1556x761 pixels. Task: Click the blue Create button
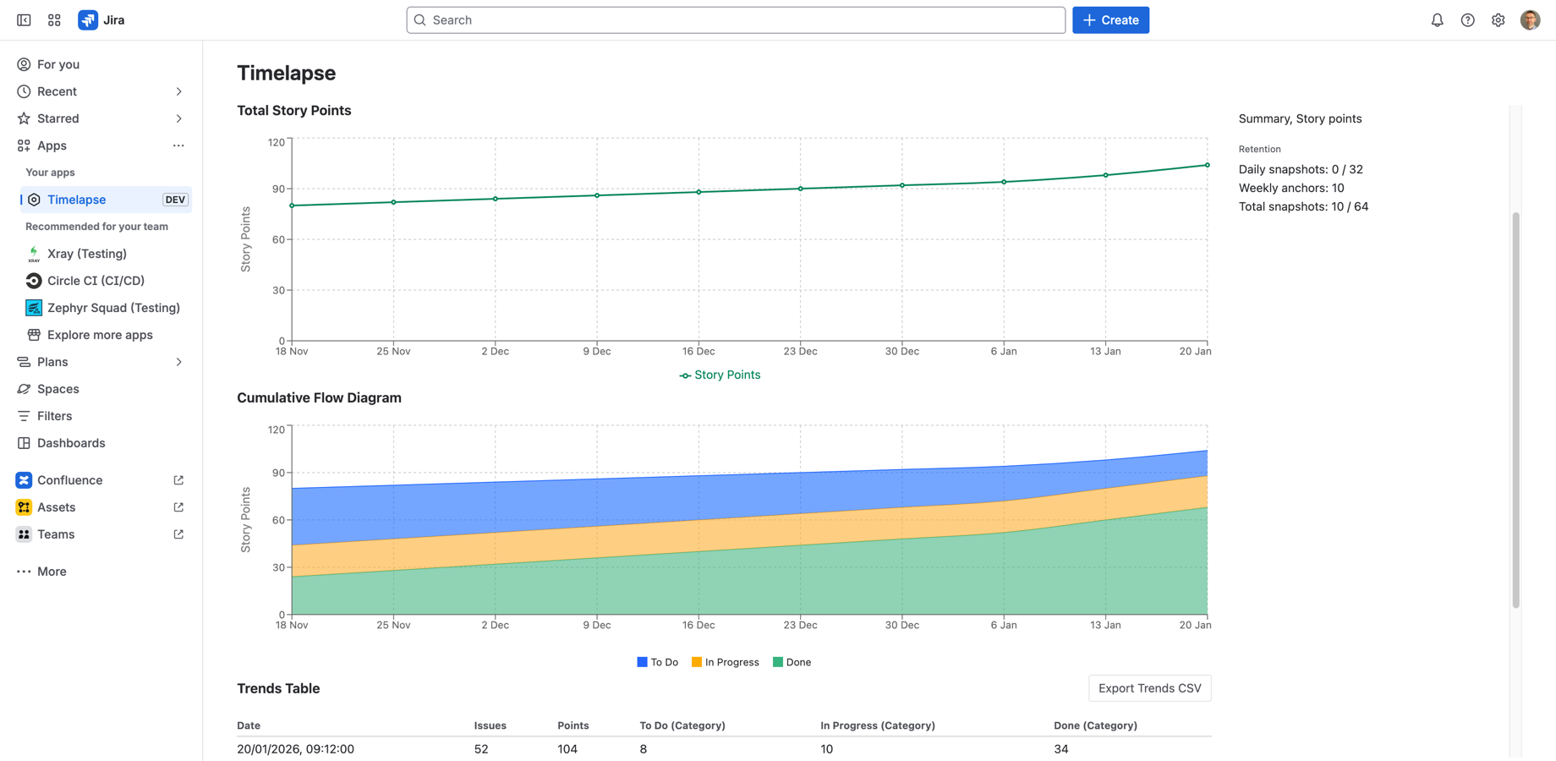coord(1110,20)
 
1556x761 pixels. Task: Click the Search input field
coord(736,20)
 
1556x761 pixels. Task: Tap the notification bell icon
coord(1437,20)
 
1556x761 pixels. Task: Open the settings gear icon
coord(1498,20)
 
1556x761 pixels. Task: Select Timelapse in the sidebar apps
coord(77,200)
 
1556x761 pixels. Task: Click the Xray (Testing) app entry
coord(87,254)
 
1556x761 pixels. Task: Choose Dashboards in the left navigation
coord(71,443)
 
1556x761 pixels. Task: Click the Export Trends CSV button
coord(1149,688)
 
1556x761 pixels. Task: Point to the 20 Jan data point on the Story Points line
coord(1207,165)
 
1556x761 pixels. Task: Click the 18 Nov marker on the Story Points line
coord(292,205)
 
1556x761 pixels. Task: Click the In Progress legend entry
coord(726,662)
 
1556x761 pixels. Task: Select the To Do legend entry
coord(658,662)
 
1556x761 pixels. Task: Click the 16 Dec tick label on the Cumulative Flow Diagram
coord(699,625)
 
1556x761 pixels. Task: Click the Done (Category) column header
coord(1095,725)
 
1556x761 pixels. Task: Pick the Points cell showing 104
coord(567,749)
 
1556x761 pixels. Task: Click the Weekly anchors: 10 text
coord(1290,188)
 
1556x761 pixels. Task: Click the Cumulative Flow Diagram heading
coord(319,397)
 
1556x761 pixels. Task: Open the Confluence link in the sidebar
coord(69,480)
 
